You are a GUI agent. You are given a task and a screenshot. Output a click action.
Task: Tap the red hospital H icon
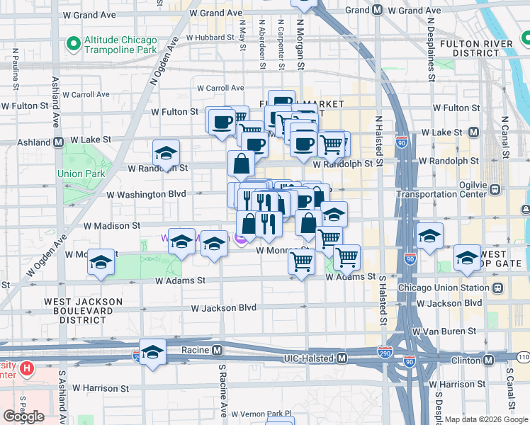pyautogui.click(x=27, y=368)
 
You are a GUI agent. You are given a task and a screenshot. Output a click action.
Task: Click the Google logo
pyautogui.click(x=23, y=416)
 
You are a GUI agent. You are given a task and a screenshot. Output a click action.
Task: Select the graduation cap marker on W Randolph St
pyautogui.click(x=167, y=153)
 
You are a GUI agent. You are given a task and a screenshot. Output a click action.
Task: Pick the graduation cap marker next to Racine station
pyautogui.click(x=152, y=352)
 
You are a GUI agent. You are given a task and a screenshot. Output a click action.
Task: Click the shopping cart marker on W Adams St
pyautogui.click(x=302, y=262)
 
